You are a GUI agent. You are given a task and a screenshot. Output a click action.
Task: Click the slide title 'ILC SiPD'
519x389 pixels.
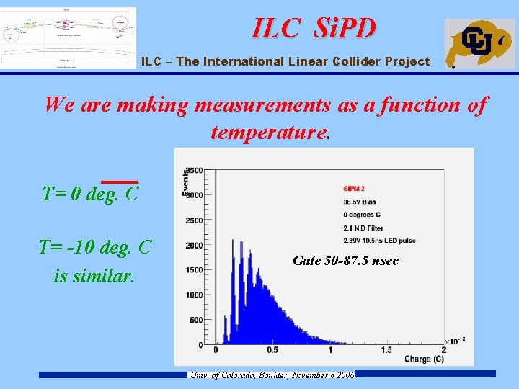314,28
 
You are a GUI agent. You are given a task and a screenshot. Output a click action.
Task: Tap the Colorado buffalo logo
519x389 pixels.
479,43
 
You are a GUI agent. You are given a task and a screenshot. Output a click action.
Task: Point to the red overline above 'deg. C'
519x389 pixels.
119,182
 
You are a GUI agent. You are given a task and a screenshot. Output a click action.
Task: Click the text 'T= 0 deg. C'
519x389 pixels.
90,194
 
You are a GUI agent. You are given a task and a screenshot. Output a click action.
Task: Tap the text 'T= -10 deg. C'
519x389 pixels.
95,248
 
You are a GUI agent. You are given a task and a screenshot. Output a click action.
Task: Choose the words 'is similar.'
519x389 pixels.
94,276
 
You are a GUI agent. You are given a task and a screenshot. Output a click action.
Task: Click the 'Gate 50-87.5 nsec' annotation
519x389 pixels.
345,261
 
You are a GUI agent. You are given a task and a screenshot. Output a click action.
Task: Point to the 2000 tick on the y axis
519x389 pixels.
194,245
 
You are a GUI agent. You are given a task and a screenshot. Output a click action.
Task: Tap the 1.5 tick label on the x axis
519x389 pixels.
387,350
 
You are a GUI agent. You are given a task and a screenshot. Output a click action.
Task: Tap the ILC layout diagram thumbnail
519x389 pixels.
68,38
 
